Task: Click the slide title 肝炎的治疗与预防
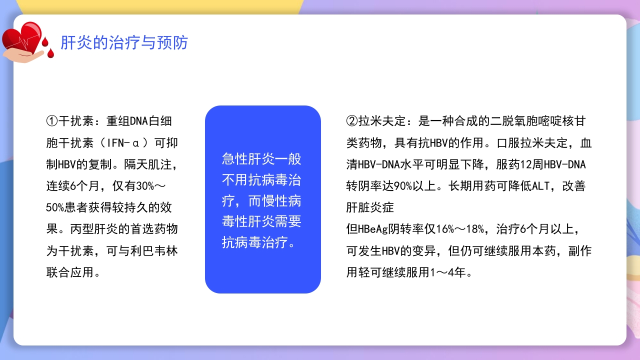pyautogui.click(x=124, y=43)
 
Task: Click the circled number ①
pyautogui.click(x=52, y=121)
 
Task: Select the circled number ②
pyautogui.click(x=352, y=121)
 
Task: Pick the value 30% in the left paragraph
pyautogui.click(x=145, y=186)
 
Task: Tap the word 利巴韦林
pyautogui.click(x=152, y=251)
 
